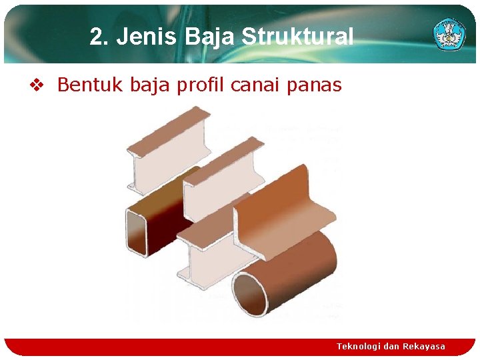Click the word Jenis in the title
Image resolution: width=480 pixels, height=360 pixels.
click(141, 37)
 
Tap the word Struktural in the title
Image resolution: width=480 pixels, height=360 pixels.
click(297, 37)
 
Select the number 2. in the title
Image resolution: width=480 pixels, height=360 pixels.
click(99, 37)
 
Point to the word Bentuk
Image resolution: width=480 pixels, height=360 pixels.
click(82, 85)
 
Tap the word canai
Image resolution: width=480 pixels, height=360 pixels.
click(259, 85)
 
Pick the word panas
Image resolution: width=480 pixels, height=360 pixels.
click(317, 85)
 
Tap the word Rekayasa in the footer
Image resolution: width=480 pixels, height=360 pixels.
click(423, 346)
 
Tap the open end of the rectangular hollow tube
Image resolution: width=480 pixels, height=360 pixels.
click(137, 231)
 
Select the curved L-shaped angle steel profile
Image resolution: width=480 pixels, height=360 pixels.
click(287, 213)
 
